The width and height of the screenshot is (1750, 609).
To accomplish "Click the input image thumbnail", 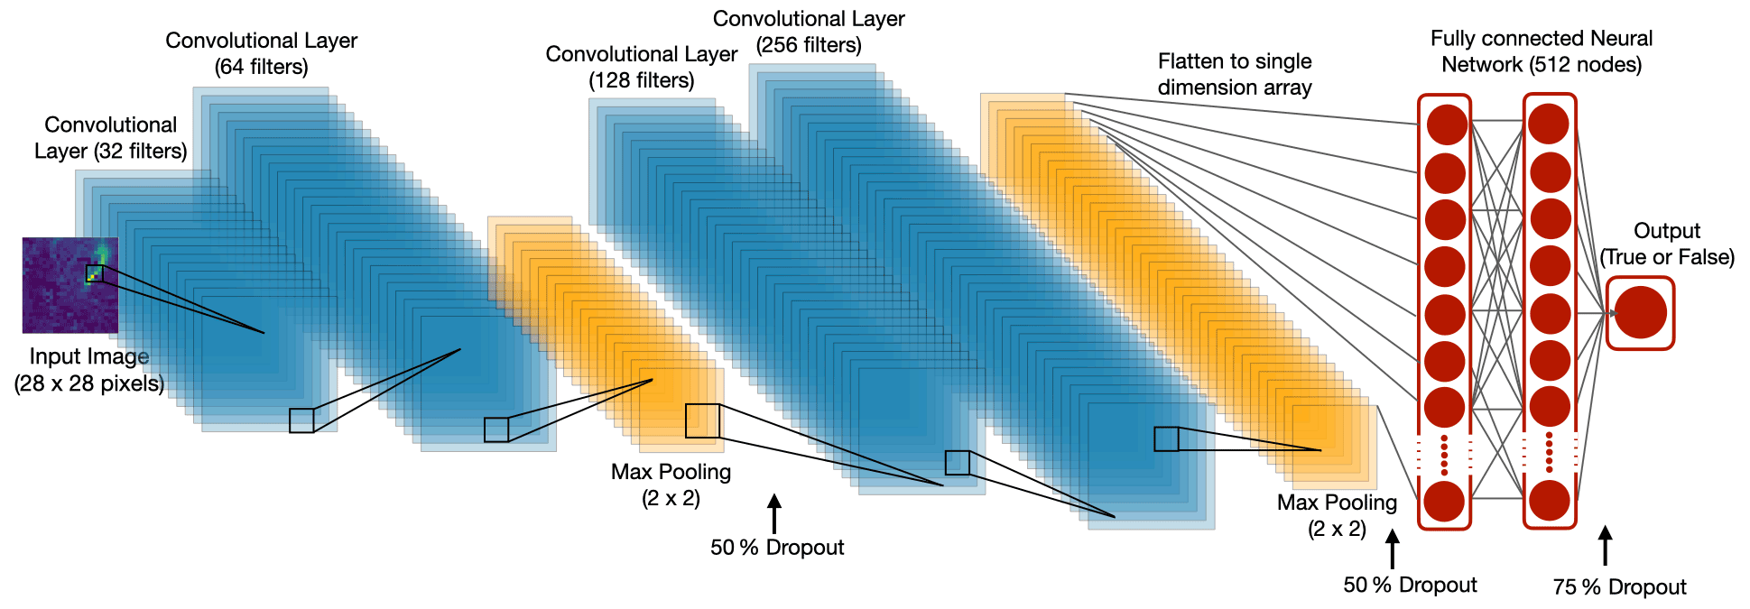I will pyautogui.click(x=70, y=285).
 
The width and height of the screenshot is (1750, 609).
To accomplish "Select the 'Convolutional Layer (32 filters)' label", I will pyautogui.click(x=111, y=138).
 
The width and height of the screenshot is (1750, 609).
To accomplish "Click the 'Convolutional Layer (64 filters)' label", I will pyautogui.click(x=261, y=53).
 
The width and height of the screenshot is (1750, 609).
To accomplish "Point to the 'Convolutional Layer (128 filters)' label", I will pyautogui.click(x=641, y=67).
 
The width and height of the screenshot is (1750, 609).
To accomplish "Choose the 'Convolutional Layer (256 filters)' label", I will pyautogui.click(x=809, y=32).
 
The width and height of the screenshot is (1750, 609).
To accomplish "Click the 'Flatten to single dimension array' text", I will pyautogui.click(x=1235, y=74).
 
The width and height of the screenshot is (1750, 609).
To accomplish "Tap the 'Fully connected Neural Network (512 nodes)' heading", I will pyautogui.click(x=1542, y=51).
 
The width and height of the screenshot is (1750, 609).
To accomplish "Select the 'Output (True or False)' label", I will pyautogui.click(x=1667, y=244).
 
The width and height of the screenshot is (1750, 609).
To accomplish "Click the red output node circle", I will pyautogui.click(x=1640, y=313).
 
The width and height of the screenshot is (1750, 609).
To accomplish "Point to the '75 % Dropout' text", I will pyautogui.click(x=1619, y=587).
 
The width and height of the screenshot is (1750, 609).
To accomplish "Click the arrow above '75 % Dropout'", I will pyautogui.click(x=1605, y=546).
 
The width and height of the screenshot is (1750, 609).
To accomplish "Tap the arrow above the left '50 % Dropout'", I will pyautogui.click(x=773, y=513).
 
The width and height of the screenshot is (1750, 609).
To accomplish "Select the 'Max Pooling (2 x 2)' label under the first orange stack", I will pyautogui.click(x=671, y=484).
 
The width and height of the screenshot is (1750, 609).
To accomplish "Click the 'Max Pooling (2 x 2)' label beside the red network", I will pyautogui.click(x=1337, y=515).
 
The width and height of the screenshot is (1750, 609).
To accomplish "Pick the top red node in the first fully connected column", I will pyautogui.click(x=1445, y=125).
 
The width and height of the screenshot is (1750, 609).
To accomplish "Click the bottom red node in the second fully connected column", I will pyautogui.click(x=1550, y=501).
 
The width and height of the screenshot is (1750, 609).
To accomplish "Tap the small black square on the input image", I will pyautogui.click(x=94, y=273).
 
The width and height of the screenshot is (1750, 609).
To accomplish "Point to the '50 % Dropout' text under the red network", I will pyautogui.click(x=1410, y=585).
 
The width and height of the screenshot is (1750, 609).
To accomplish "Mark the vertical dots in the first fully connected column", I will pyautogui.click(x=1445, y=455).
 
